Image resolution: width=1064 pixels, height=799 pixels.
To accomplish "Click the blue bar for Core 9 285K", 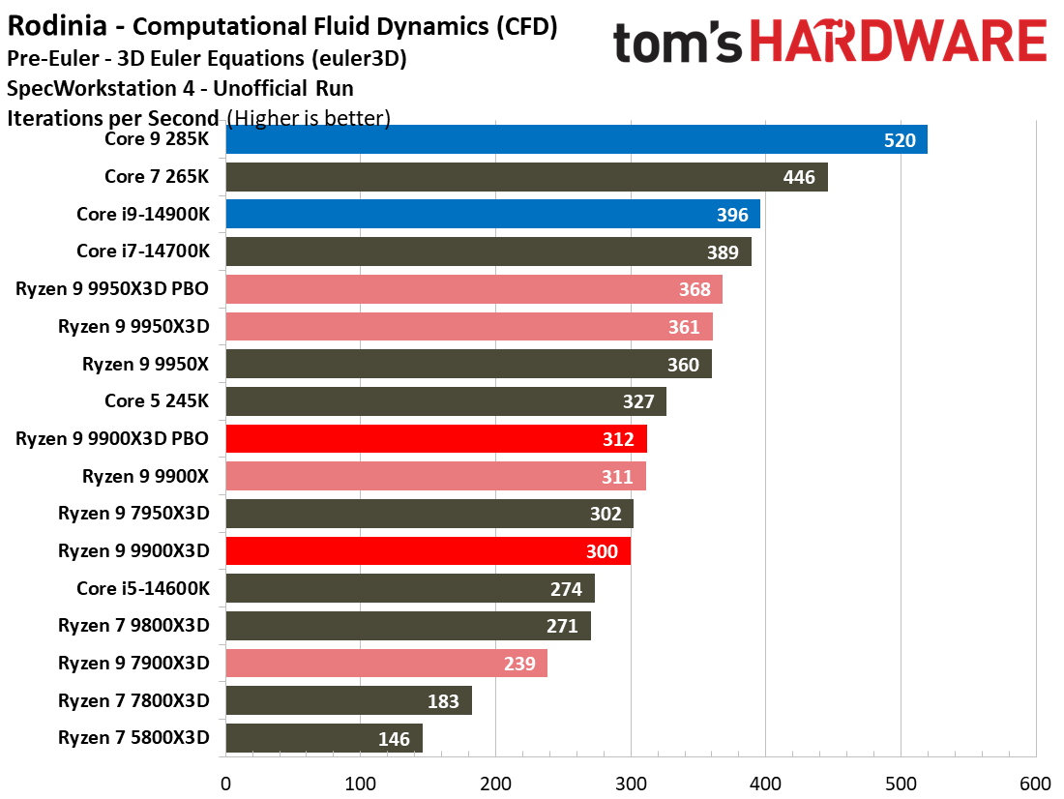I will tap(576, 139).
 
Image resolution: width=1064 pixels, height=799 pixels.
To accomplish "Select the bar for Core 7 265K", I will tap(526, 177).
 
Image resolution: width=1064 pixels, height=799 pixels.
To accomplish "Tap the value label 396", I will tap(732, 215).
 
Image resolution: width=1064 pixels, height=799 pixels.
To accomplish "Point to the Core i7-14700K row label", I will tap(142, 252).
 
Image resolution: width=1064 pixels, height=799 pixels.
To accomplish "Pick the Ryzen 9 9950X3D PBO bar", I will tap(474, 289).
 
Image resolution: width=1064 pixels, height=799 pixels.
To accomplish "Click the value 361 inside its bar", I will tap(684, 327).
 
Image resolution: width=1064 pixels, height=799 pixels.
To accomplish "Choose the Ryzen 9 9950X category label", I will tap(145, 364).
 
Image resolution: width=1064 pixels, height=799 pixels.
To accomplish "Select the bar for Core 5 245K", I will tap(445, 401).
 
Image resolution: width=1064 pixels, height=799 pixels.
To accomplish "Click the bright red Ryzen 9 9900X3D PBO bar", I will tap(435, 439).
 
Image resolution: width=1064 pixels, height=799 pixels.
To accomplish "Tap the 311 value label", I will tap(617, 477).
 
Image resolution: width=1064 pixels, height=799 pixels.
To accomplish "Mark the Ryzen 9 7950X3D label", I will tap(133, 514).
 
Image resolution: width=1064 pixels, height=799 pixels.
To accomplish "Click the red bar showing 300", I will tap(428, 551).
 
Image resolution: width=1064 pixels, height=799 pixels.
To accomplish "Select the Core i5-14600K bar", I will tap(410, 588).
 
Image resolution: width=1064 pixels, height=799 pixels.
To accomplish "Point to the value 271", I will tap(562, 626).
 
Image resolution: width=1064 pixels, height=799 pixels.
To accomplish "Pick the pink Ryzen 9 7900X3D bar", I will tap(386, 663).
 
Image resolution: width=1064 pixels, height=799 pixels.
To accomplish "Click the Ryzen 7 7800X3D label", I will tap(133, 700).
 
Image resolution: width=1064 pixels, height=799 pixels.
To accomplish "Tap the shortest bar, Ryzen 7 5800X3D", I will tap(324, 738).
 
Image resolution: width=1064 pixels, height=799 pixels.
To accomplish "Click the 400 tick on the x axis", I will tap(765, 783).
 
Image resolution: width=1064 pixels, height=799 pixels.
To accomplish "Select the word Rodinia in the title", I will tap(52, 26).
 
